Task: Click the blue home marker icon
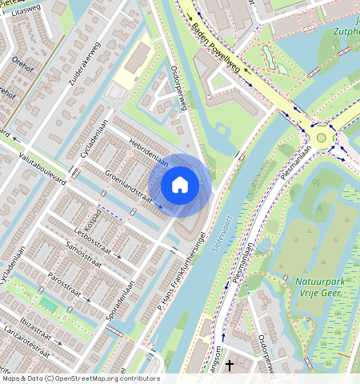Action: tap(180, 186)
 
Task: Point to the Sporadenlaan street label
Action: tap(121, 300)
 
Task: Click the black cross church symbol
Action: tap(230, 366)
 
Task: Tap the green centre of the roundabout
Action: tap(322, 138)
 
